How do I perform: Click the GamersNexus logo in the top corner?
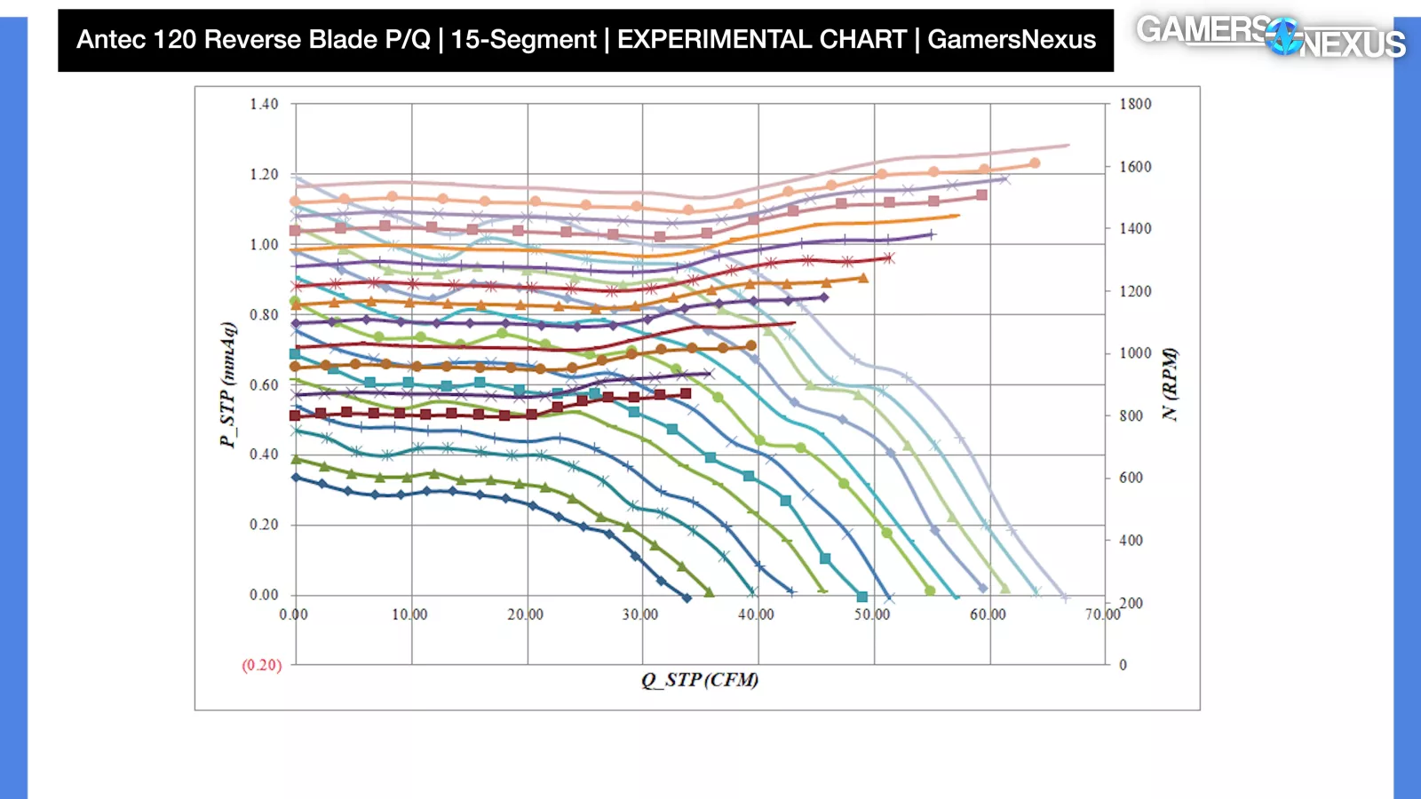point(1270,36)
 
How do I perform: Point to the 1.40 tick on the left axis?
point(264,104)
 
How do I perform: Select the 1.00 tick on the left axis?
point(264,244)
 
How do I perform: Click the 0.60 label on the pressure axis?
point(264,384)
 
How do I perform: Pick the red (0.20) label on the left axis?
point(262,665)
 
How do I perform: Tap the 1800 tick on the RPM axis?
point(1135,104)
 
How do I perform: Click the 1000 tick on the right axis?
point(1135,353)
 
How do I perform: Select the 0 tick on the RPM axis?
point(1123,665)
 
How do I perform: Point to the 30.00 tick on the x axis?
point(640,614)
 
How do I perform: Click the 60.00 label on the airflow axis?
point(988,614)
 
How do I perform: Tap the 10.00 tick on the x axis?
point(409,614)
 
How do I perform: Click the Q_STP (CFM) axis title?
point(700,680)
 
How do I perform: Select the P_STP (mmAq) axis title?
point(228,384)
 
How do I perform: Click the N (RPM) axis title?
point(1171,384)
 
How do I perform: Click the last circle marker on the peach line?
point(1035,163)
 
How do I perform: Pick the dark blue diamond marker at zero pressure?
point(687,597)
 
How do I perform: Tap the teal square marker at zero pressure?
point(861,597)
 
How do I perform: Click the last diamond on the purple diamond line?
point(824,297)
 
